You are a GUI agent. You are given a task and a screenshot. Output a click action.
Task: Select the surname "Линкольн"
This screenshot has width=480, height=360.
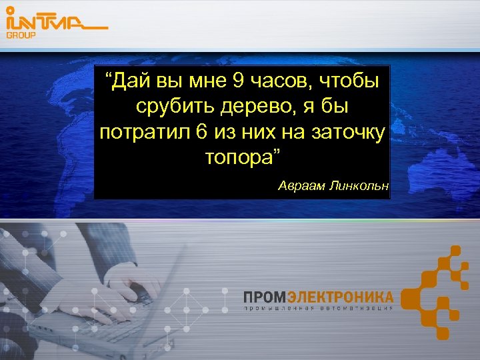pos(358,183)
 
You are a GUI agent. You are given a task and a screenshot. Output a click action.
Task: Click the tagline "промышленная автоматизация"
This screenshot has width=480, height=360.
pos(318,309)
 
